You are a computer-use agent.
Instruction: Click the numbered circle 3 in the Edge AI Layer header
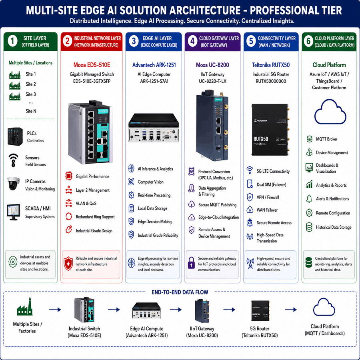coord(134,41)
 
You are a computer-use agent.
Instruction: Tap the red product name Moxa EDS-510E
coord(92,65)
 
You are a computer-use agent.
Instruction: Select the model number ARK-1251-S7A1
coord(154,81)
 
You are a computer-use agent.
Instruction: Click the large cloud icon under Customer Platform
coord(330,112)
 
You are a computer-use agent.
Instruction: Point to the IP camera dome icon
coord(13,184)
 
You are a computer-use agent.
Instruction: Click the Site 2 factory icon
coord(15,86)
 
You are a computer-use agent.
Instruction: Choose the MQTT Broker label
coord(326,139)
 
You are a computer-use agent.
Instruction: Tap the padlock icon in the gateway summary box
coord(191,263)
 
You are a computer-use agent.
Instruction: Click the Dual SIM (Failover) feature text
coord(271,184)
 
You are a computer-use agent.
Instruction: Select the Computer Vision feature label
coord(151,182)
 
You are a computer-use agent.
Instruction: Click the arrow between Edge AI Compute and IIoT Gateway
coord(176,310)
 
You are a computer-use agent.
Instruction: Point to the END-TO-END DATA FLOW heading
coord(180,292)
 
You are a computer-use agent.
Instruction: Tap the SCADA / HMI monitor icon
coord(13,212)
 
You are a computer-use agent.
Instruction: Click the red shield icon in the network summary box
coord(68,264)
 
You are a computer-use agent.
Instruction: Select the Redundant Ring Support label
coord(95,217)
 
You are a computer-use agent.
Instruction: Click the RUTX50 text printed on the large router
coord(261,139)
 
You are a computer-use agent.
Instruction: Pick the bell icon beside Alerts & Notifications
coord(309,198)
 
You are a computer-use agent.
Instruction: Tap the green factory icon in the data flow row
coord(25,306)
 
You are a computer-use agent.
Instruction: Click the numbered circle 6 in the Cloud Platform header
coord(308,41)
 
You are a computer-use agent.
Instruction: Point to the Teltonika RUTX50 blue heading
coord(271,65)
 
